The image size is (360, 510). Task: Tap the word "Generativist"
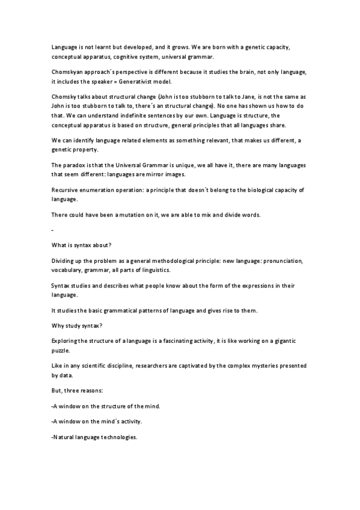(151, 81)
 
